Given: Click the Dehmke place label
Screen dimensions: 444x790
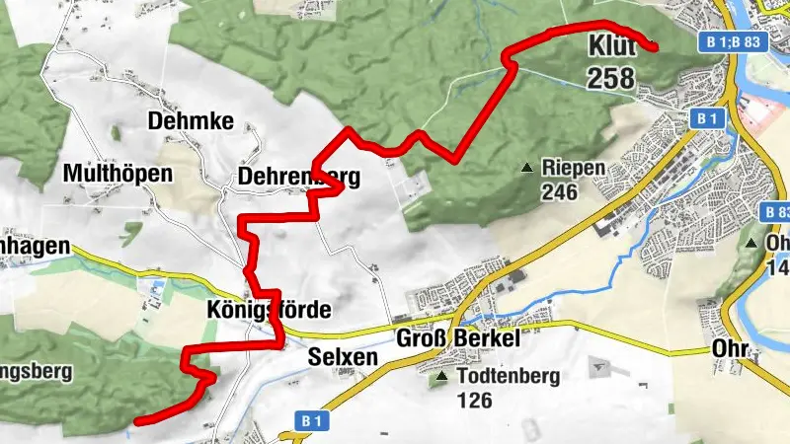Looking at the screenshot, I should [x=191, y=121].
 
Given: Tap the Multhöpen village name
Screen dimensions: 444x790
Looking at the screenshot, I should [x=117, y=175].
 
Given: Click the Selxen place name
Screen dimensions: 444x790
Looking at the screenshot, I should [x=343, y=357].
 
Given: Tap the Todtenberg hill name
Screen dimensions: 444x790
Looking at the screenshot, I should [x=510, y=376].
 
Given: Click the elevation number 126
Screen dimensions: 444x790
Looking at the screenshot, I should [x=475, y=400].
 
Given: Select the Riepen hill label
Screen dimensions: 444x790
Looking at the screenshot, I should [x=573, y=168].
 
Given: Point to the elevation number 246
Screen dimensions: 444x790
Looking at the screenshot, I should [x=558, y=191].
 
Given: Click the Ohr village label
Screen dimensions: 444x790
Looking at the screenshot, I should [x=732, y=351].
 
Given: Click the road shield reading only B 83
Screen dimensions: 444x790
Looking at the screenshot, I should [x=776, y=212].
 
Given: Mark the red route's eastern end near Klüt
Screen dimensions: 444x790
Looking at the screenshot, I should [x=652, y=44].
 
